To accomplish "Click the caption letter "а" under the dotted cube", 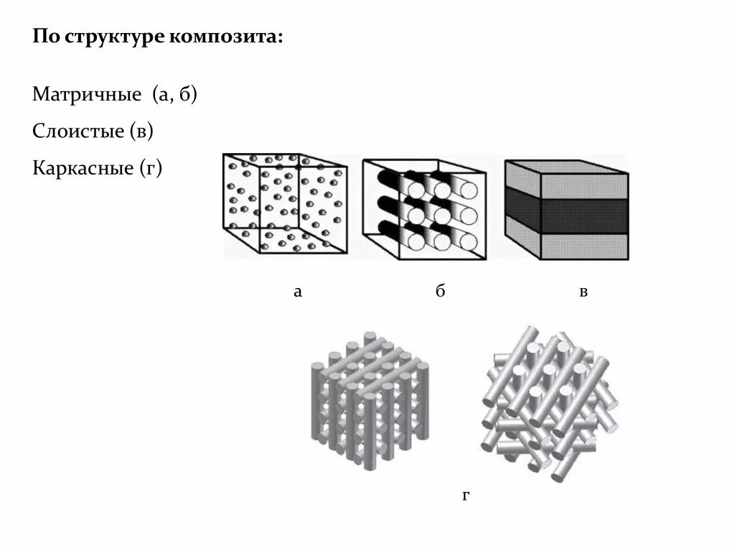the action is tap(297, 292).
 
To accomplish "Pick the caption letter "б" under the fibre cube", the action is tap(440, 291).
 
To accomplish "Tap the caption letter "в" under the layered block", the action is tap(584, 292).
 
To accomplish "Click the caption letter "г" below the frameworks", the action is tap(466, 496).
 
